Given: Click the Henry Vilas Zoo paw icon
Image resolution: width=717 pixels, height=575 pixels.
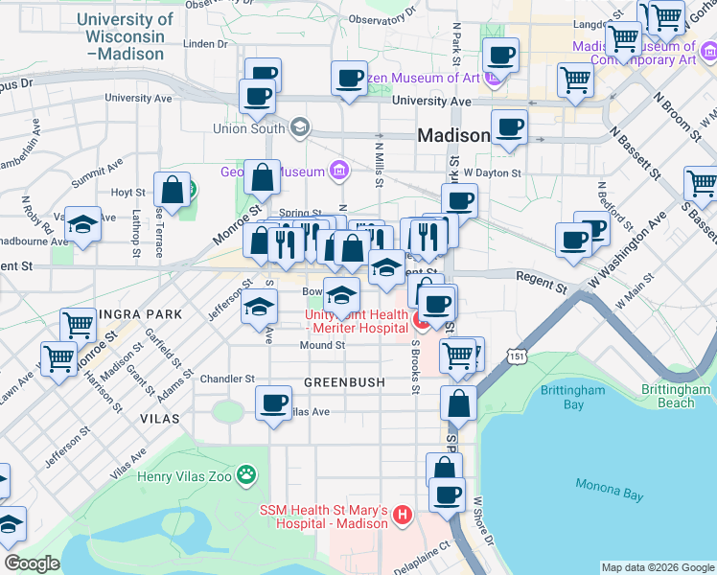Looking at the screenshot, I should [x=247, y=473].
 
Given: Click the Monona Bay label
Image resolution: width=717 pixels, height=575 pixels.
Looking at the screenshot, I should [x=609, y=494].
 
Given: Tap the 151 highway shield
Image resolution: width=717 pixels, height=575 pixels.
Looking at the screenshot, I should [x=518, y=356].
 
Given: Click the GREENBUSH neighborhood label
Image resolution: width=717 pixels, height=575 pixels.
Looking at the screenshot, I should [x=344, y=382].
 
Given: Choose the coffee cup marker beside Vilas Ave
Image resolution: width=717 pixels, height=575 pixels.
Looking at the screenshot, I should [x=274, y=401].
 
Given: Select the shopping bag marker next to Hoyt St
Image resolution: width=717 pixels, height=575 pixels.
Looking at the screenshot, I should [x=173, y=190].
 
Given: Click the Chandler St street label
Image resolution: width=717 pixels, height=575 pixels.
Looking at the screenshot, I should [x=227, y=379].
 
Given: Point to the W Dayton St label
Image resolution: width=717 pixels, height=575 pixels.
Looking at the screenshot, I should [x=492, y=173].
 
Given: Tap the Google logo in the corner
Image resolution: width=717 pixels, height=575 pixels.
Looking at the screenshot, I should [x=32, y=563].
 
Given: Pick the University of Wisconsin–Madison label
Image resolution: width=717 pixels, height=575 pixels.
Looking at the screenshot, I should [x=125, y=36].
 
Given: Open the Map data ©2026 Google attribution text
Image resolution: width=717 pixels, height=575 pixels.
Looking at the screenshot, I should [x=658, y=567].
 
